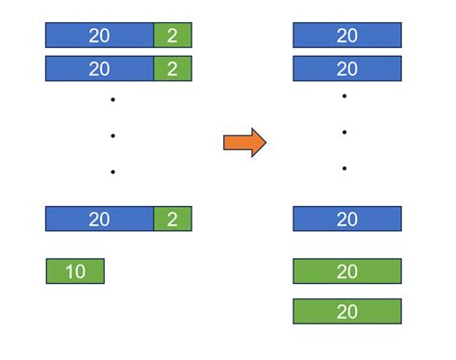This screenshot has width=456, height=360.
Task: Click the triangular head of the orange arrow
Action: click(x=257, y=142)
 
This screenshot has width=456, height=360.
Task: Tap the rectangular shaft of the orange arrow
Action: click(x=237, y=142)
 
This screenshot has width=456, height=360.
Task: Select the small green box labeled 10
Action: click(x=75, y=271)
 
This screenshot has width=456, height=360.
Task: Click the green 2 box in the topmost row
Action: click(x=173, y=36)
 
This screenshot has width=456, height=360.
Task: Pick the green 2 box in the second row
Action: click(x=173, y=69)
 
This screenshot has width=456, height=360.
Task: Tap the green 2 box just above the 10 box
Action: click(x=173, y=219)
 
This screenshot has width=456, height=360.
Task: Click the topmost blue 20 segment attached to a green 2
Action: click(x=99, y=36)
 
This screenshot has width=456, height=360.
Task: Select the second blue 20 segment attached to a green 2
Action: click(x=99, y=69)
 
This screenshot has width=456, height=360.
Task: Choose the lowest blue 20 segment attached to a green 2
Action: click(x=99, y=219)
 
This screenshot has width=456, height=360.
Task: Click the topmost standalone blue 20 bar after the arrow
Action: click(x=347, y=36)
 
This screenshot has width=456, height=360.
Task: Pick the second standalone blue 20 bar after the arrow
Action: click(x=347, y=69)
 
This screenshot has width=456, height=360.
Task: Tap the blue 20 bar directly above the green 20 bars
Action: click(x=347, y=219)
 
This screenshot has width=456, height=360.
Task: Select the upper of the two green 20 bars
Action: click(x=347, y=271)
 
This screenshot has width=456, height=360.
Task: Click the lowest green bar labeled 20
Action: click(x=347, y=311)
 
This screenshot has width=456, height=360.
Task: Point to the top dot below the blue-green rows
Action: click(x=113, y=99)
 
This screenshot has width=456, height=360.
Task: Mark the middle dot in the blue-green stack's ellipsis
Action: click(x=113, y=136)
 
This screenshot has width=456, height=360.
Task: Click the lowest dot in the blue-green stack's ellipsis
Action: click(x=113, y=172)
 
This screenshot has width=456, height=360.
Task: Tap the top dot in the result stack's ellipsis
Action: click(x=343, y=96)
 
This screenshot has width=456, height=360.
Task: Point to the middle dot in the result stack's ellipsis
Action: click(x=343, y=132)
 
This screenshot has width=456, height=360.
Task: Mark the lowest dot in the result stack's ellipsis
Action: click(x=343, y=168)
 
